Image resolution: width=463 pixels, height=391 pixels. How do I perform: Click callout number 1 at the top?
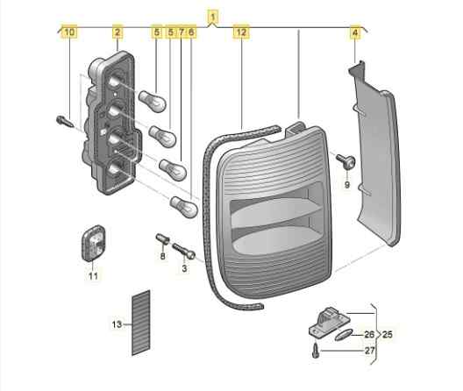click(x=212, y=17)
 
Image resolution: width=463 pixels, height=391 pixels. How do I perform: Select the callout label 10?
click(x=69, y=32)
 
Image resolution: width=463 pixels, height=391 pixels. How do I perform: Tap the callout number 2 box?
click(x=118, y=32)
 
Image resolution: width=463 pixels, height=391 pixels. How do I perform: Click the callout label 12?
click(x=241, y=32)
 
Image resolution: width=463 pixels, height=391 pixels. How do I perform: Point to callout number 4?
click(x=355, y=32)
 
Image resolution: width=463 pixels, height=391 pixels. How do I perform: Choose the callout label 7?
click(x=182, y=32)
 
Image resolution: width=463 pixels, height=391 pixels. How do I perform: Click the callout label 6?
click(x=191, y=32)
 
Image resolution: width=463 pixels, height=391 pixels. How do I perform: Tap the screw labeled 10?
click(x=65, y=121)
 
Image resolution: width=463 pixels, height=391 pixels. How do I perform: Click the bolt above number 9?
click(x=345, y=161)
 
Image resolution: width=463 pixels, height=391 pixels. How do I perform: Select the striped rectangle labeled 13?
click(x=141, y=323)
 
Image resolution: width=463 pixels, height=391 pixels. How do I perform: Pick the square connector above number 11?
click(x=93, y=244)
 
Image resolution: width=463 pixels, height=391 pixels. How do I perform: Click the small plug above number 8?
click(x=162, y=238)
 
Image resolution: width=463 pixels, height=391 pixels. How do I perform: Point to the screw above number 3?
click(x=183, y=251)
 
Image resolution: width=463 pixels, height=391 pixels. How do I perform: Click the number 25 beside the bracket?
click(x=387, y=334)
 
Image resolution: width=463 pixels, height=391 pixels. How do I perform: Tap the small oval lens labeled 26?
click(x=344, y=335)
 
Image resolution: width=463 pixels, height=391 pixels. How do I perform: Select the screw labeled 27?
click(x=316, y=351)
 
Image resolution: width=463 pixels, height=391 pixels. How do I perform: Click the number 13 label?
click(x=117, y=324)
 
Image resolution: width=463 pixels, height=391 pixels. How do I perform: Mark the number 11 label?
click(x=93, y=276)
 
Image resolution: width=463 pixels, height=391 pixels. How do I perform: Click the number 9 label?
click(x=347, y=185)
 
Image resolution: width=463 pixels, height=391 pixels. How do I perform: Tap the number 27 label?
click(x=370, y=351)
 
